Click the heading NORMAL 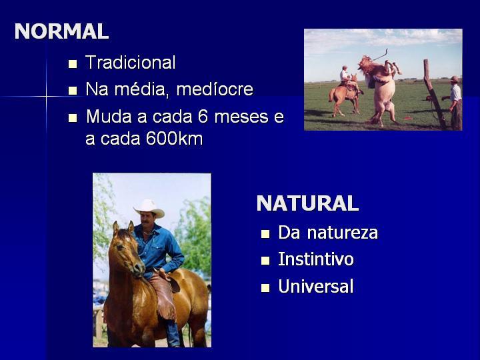click(x=61, y=31)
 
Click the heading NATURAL click(x=307, y=203)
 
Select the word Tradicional click(x=131, y=63)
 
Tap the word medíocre click(x=215, y=89)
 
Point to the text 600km click(x=174, y=139)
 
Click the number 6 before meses click(x=203, y=116)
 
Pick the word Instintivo click(x=316, y=259)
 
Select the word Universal click(x=316, y=286)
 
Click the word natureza click(x=343, y=233)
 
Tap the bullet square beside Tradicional click(x=73, y=64)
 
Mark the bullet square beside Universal click(x=265, y=288)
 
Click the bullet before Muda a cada click(x=73, y=118)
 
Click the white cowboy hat click(x=149, y=208)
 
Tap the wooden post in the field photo click(x=434, y=93)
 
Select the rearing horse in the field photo click(x=379, y=89)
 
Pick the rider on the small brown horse click(x=345, y=77)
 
